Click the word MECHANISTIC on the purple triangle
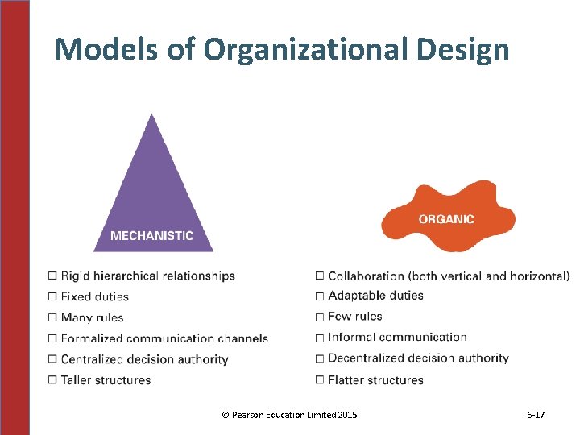pos(151,236)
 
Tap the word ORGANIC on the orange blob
pos(446,218)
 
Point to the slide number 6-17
pos(536,415)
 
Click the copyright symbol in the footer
pos(225,415)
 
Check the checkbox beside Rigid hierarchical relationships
pos(53,275)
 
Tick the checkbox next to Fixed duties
pos(53,296)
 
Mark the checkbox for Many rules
pos(53,317)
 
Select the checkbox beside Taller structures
pos(53,379)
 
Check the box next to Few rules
pos(321,317)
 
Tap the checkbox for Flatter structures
pos(321,379)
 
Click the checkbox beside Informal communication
pos(321,338)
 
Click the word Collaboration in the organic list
pos(367,275)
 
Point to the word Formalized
pos(92,338)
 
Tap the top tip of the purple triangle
pos(151,115)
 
